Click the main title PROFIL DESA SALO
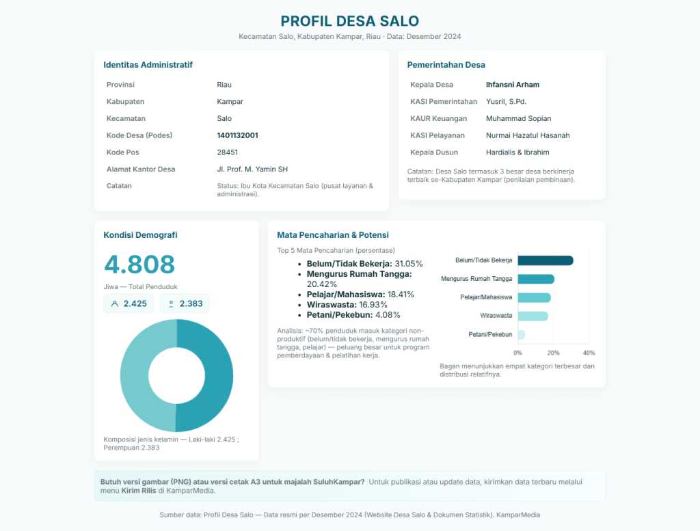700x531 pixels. pos(349,21)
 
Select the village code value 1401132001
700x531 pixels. pos(237,135)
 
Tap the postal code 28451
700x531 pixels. pos(227,152)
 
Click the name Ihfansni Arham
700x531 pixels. pos(512,85)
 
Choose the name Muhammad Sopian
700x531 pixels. pos(518,118)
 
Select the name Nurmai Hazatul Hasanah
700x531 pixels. pos(527,135)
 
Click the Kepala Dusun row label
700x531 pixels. pos(433,152)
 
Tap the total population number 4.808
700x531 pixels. pos(139,264)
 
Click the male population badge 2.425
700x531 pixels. pos(129,303)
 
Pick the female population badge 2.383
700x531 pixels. pos(185,303)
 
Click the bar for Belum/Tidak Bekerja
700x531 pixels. pos(545,260)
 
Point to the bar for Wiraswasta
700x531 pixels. pos(533,316)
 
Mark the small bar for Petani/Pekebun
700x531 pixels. pos(522,335)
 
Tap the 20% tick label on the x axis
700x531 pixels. pos(553,353)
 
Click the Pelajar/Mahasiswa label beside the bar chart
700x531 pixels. pos(486,297)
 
